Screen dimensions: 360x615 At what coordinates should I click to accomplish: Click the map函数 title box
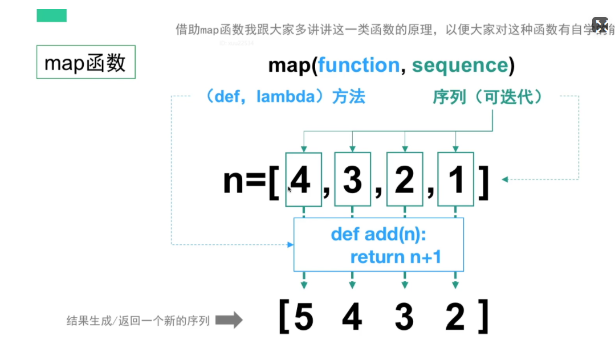tap(85, 62)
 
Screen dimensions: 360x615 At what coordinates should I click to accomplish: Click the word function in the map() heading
tap(359, 66)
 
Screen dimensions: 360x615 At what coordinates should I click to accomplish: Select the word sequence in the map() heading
tap(459, 66)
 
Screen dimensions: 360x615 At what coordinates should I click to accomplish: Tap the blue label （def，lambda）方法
tap(284, 97)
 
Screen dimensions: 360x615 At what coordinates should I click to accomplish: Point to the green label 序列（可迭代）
tap(488, 97)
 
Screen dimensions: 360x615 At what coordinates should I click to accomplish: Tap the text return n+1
tap(396, 257)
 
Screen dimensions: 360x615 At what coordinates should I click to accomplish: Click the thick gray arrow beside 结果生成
tap(229, 320)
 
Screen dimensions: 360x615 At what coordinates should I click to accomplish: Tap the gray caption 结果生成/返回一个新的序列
tap(138, 321)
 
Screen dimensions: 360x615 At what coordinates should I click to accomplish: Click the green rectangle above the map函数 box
tap(51, 16)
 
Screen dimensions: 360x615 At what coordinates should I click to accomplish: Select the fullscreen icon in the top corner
tap(601, 25)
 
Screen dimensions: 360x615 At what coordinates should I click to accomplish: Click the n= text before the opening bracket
tap(244, 181)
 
